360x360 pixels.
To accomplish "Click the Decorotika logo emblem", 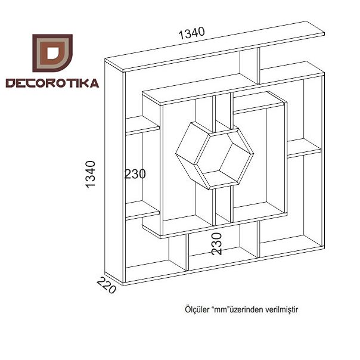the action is [x=52, y=53].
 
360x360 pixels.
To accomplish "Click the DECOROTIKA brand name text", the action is [x=52, y=83].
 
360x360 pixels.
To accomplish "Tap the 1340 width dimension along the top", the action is [x=191, y=33].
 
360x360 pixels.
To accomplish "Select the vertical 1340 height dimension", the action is [x=91, y=175].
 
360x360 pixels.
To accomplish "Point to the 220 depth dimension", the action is [x=107, y=285].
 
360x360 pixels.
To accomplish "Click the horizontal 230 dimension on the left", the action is [x=135, y=174].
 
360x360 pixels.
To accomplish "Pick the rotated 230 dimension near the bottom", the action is [x=217, y=244].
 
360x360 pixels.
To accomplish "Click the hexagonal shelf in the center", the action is [x=215, y=156].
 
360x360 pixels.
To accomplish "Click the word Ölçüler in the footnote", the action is [x=197, y=309].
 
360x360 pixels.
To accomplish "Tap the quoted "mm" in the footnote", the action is [x=220, y=309].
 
